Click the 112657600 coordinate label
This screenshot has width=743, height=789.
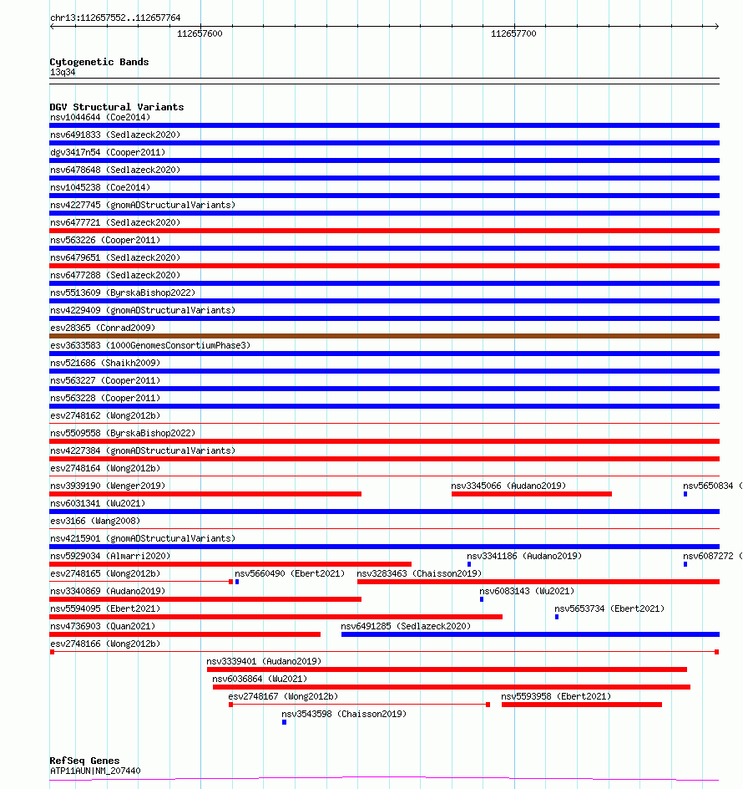[x=200, y=33]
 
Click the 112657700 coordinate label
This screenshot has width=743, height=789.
[x=513, y=33]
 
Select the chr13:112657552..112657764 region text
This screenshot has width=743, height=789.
[x=115, y=18]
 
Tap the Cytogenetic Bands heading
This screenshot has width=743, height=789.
[x=99, y=62]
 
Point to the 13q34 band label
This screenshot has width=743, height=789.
[x=63, y=72]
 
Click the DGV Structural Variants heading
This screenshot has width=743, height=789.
[x=116, y=107]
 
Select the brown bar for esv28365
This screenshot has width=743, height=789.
[x=384, y=336]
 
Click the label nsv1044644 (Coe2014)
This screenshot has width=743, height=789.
[x=100, y=117]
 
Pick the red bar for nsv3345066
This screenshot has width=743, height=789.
[x=531, y=494]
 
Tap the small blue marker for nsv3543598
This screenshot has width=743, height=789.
[x=284, y=722]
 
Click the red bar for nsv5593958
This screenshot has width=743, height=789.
[x=581, y=705]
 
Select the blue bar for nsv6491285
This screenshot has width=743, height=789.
[x=530, y=634]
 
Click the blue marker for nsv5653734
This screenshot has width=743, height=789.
[x=557, y=617]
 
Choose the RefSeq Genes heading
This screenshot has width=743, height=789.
[x=84, y=761]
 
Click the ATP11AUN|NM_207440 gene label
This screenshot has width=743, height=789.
[x=95, y=771]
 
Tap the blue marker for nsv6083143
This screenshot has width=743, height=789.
[x=482, y=599]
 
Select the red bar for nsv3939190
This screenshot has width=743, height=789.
[x=205, y=494]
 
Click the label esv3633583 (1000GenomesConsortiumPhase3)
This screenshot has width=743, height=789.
[x=150, y=345]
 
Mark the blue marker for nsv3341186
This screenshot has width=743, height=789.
[x=469, y=564]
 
